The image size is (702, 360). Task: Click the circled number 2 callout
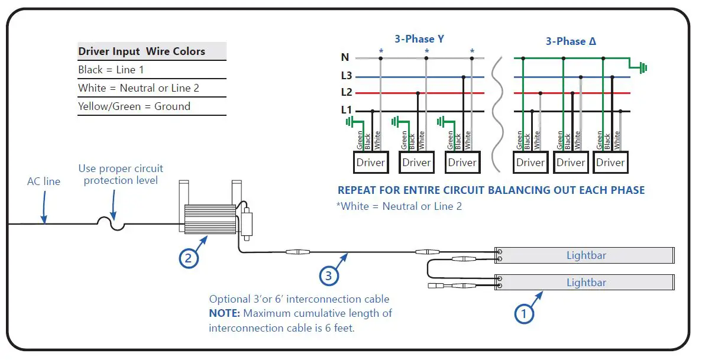point(188,258)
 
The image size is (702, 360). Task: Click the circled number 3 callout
point(329,275)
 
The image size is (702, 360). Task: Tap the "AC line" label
point(44,181)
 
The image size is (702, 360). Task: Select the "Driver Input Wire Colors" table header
point(142,51)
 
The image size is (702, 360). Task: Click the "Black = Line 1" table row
point(111,70)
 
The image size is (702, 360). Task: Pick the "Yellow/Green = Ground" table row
point(134,106)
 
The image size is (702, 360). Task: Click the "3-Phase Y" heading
point(419,40)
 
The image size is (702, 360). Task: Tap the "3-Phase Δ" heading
point(571,41)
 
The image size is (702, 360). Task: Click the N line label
point(345,57)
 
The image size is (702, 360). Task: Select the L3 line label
point(347,76)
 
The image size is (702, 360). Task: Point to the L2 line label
point(347,92)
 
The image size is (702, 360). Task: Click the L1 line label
point(347,109)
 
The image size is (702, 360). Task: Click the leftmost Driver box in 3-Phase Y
point(371,163)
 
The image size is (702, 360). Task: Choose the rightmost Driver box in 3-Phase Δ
point(610,163)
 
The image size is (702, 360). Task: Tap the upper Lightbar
point(585,255)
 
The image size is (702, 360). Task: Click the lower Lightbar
point(585,283)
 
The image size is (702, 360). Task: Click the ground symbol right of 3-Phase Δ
point(642,68)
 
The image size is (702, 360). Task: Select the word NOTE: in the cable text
point(224,313)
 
